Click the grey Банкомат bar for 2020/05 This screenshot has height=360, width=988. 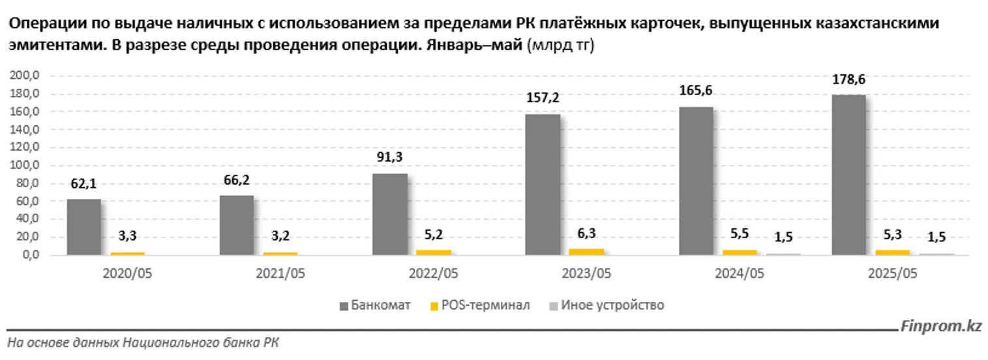84,227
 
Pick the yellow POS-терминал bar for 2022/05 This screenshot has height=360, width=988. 433,252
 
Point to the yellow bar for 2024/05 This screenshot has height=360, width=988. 740,252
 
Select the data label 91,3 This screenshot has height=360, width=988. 391,158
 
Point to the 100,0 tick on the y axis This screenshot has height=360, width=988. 25,166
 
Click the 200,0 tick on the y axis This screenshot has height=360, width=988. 25,76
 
